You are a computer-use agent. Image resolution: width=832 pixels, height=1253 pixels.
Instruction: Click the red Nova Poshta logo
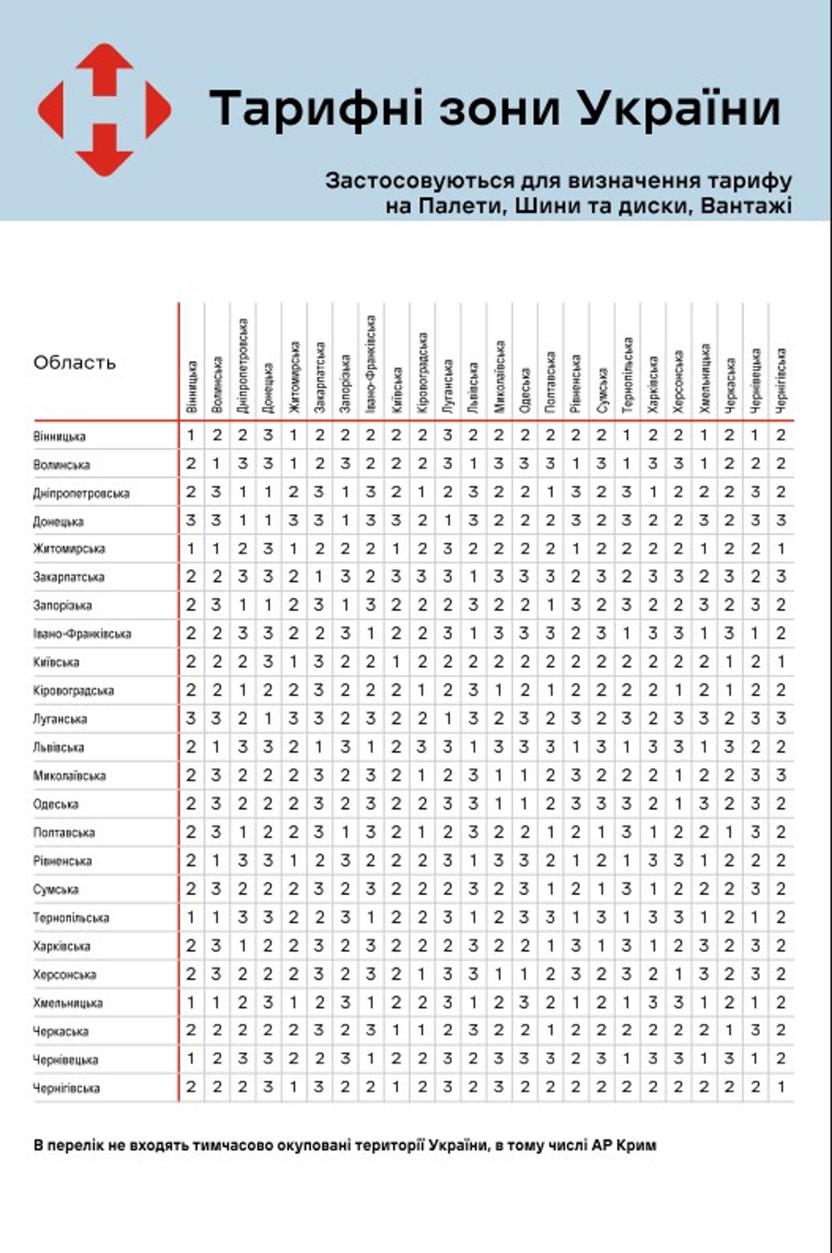tap(105, 110)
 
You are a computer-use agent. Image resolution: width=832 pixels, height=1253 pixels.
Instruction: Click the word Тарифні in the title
tap(316, 109)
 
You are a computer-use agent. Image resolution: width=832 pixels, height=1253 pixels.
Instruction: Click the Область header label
tap(74, 362)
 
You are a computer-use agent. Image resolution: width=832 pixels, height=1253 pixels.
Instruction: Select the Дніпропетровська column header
tap(242, 365)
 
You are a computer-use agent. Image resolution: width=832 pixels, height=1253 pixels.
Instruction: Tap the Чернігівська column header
tap(781, 380)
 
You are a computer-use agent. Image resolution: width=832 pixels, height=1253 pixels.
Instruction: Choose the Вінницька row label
tap(59, 437)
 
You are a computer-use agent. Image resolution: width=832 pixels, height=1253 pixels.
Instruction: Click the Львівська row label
tap(58, 747)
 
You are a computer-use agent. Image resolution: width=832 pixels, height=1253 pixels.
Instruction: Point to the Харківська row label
tap(62, 946)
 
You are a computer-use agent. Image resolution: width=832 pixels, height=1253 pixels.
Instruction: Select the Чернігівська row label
tap(66, 1088)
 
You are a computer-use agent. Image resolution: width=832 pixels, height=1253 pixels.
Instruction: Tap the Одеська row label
tap(56, 804)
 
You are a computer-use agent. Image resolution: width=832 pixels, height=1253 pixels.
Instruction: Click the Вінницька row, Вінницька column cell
tap(191, 435)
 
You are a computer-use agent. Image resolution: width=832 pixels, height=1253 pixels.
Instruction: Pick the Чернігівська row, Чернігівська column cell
tap(781, 1087)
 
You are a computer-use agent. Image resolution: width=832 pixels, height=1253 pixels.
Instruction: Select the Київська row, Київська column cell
tap(396, 662)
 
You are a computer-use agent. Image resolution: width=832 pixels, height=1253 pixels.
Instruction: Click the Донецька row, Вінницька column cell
tap(191, 520)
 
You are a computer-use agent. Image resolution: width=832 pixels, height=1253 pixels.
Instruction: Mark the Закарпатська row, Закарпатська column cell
tap(319, 577)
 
